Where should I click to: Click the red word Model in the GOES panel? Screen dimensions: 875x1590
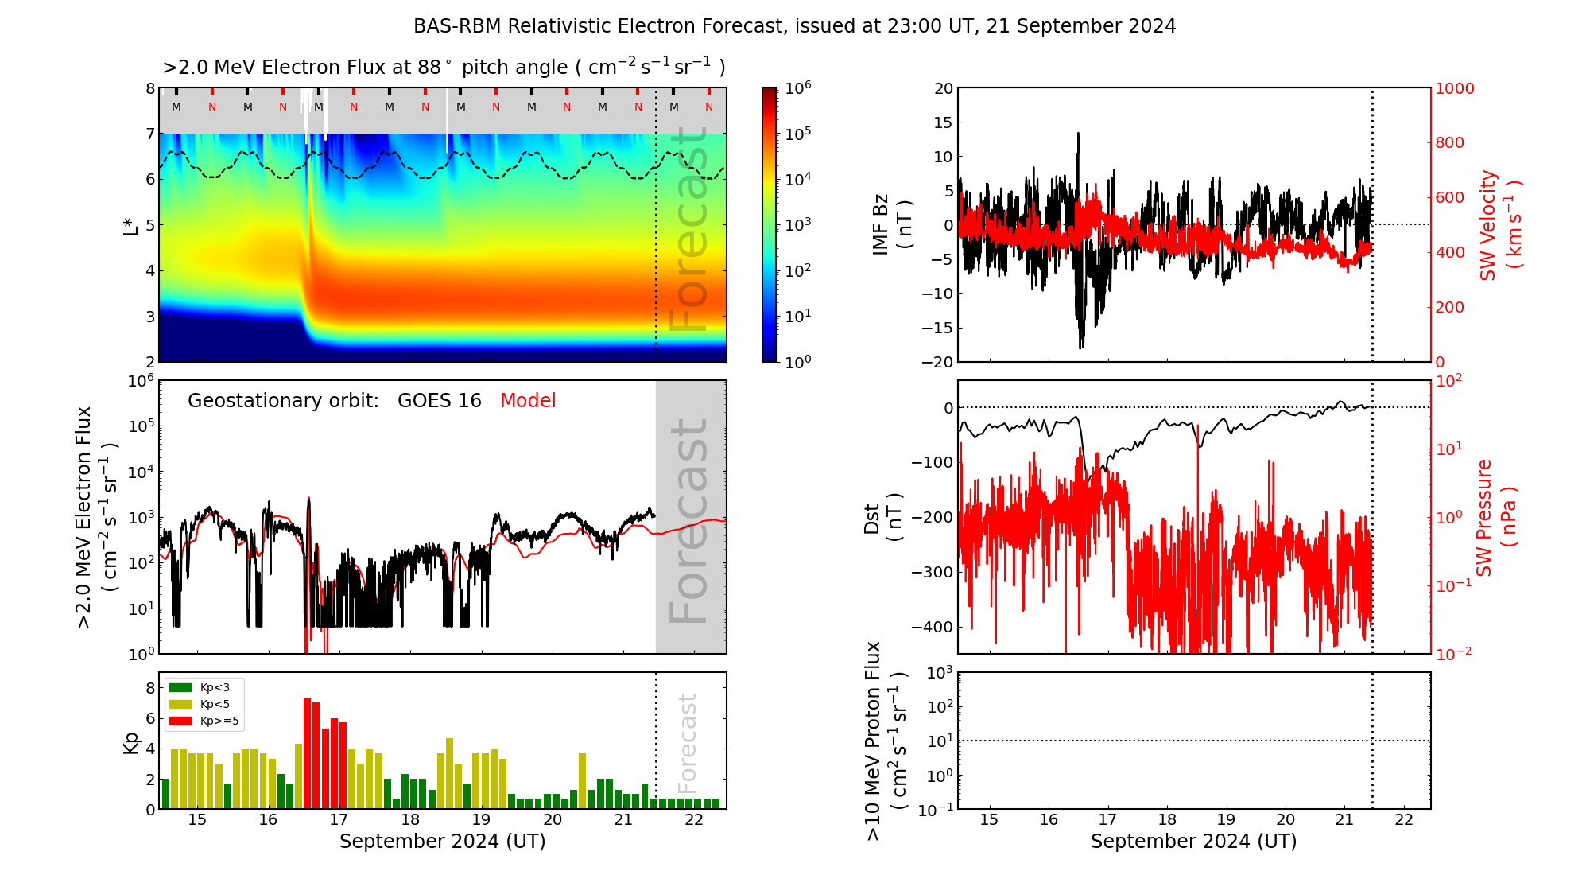click(528, 401)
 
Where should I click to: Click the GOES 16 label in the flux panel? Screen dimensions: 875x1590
click(440, 401)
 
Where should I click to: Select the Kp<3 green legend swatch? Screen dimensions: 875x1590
click(180, 687)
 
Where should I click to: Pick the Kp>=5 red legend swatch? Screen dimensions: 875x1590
click(180, 721)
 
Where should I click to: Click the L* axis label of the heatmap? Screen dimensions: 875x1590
click(130, 224)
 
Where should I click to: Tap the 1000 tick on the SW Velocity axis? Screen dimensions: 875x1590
click(1454, 88)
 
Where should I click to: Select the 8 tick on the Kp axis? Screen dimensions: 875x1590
click(150, 688)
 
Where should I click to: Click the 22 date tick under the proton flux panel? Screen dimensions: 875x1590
click(1404, 820)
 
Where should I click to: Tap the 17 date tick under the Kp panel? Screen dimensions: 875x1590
click(339, 820)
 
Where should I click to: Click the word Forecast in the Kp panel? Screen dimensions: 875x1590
click(687, 743)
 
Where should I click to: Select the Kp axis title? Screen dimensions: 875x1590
click(130, 743)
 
